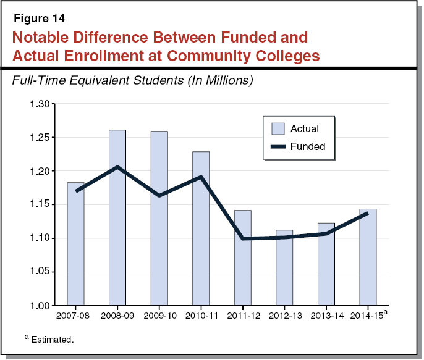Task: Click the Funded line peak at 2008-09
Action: [x=117, y=167]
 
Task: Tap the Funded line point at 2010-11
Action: [x=200, y=177]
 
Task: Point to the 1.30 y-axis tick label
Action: [x=39, y=104]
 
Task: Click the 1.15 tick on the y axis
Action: [x=39, y=204]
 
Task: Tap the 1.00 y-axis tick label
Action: [x=39, y=306]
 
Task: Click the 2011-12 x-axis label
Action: [x=242, y=316]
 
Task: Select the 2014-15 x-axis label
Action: [x=368, y=316]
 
